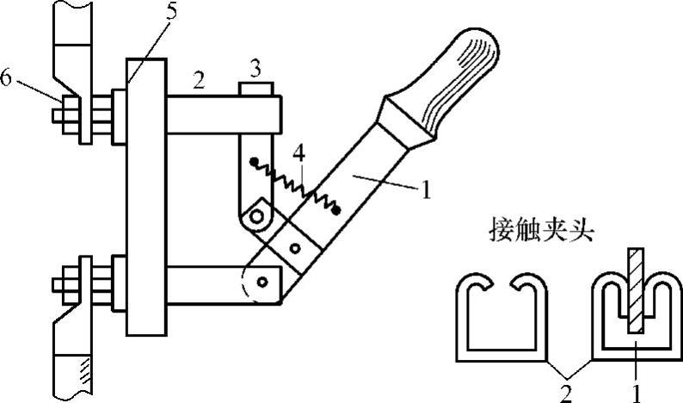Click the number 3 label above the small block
(255, 66)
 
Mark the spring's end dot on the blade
(336, 208)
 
